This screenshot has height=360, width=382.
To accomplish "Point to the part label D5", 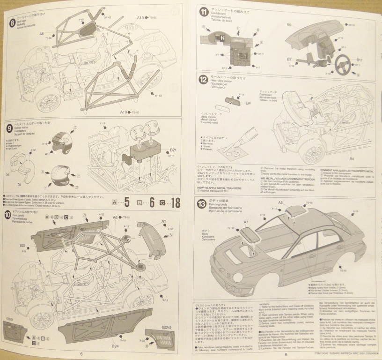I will (x=7, y=174).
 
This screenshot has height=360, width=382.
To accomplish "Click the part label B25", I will (x=22, y=245).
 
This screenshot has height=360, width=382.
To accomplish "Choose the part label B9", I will (x=289, y=24).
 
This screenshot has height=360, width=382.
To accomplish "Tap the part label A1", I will (x=164, y=221).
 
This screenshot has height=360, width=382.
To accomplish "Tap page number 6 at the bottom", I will (x=285, y=354).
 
